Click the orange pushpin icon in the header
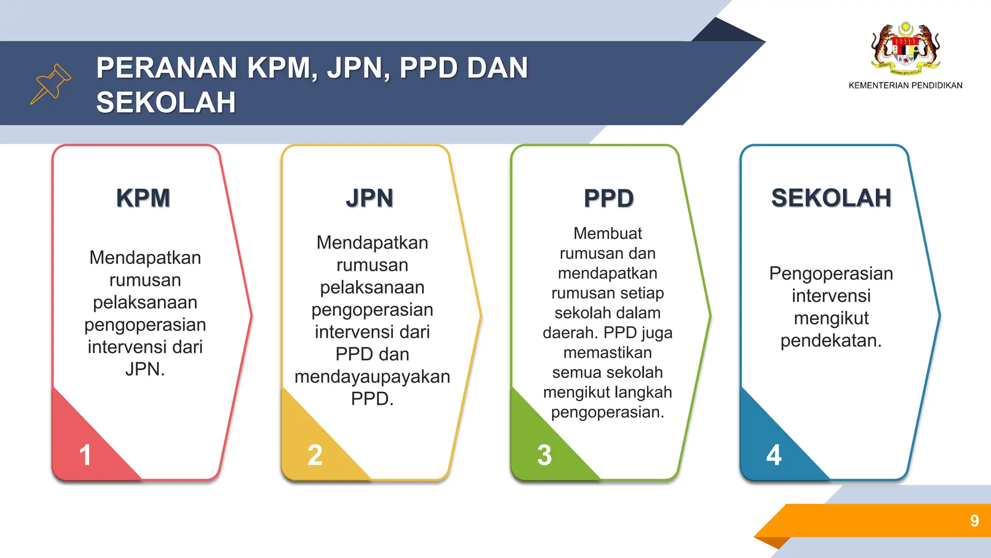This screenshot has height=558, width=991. [51, 83]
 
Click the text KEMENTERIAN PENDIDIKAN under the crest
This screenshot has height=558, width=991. [905, 86]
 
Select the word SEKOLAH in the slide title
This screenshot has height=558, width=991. [166, 103]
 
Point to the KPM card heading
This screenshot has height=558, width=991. [143, 198]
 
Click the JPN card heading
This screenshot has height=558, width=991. [370, 198]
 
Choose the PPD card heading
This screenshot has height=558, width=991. [609, 198]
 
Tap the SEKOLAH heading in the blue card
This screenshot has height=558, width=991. [831, 198]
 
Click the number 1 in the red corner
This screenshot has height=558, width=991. [85, 455]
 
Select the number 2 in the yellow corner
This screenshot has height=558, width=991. [315, 455]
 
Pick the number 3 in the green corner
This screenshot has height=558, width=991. [544, 455]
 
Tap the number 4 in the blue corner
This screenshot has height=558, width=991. [774, 455]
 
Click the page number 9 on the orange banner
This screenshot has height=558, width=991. [975, 521]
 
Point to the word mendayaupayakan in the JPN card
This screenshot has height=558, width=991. [372, 377]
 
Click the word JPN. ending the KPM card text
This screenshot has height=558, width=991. [145, 370]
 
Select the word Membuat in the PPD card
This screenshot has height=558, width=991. [607, 233]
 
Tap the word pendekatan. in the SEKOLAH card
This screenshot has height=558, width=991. [831, 341]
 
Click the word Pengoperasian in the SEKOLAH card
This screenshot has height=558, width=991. [831, 274]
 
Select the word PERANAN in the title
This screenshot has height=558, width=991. [166, 68]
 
